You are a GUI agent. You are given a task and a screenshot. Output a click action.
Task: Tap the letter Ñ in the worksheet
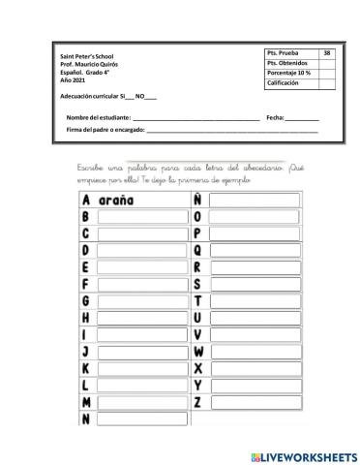[197, 200]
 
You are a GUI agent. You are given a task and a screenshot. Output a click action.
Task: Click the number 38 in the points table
[327, 52]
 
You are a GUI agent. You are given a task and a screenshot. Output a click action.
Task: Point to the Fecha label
[274, 117]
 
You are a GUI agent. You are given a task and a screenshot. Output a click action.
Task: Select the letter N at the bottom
[86, 418]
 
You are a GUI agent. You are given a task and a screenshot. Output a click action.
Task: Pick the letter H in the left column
[86, 318]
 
